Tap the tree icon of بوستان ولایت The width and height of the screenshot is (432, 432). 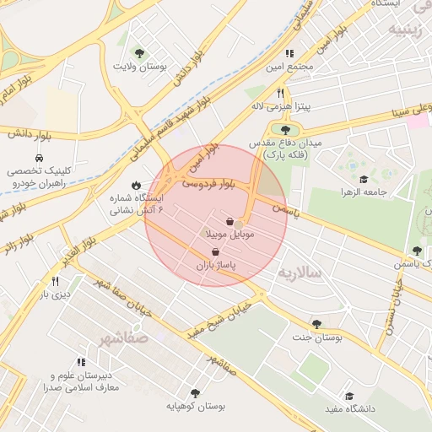[140, 53]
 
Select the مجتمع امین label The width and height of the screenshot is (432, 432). [289, 66]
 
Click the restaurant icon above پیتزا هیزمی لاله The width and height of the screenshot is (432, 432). [280, 94]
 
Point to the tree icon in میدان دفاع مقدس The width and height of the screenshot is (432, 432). [285, 130]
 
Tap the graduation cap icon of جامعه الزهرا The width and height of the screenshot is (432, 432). [363, 179]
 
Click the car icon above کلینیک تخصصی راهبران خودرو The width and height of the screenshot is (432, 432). [40, 159]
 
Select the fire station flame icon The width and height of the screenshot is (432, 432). [137, 185]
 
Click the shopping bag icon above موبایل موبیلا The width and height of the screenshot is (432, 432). [229, 221]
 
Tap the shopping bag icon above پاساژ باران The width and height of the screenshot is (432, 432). [216, 252]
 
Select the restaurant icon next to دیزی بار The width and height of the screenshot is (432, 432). [56, 281]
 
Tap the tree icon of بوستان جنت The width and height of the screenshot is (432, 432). [316, 324]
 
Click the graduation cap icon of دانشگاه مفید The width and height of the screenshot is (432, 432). [348, 396]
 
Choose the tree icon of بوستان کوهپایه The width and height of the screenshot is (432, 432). [196, 393]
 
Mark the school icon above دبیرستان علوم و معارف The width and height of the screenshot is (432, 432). [82, 362]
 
